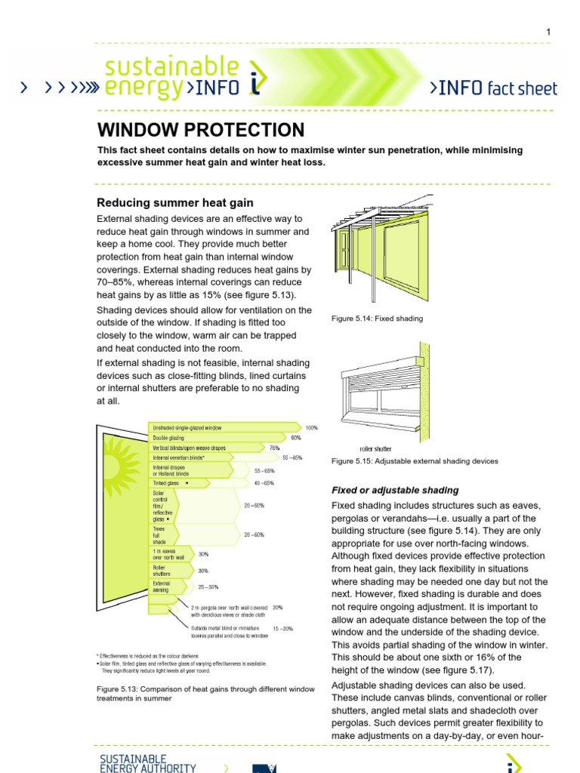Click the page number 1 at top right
549,31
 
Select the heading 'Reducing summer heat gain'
175,202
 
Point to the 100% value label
312,427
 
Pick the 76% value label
274,448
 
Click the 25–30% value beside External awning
208,586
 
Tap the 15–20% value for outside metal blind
283,628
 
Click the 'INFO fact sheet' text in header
493,88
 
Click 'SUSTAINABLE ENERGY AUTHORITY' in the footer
148,762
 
